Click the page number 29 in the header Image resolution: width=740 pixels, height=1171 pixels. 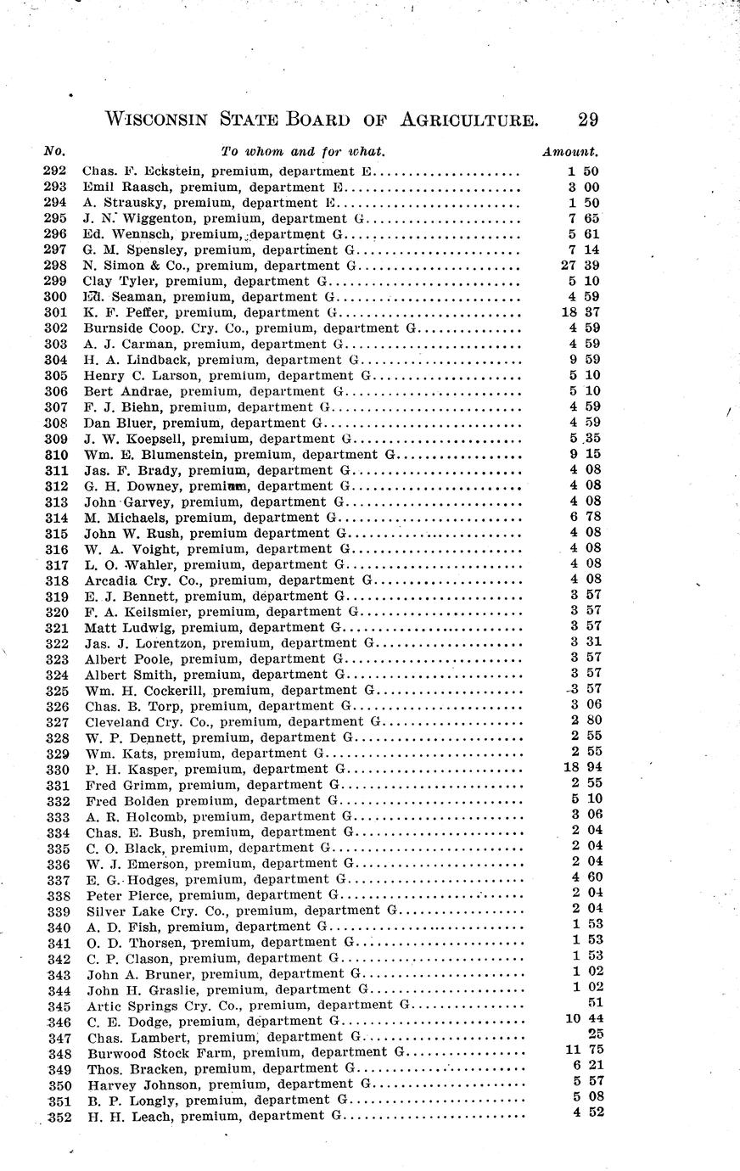(586, 120)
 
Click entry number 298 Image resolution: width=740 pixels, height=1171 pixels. (54, 266)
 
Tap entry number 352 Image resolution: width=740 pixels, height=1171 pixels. (57, 1116)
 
